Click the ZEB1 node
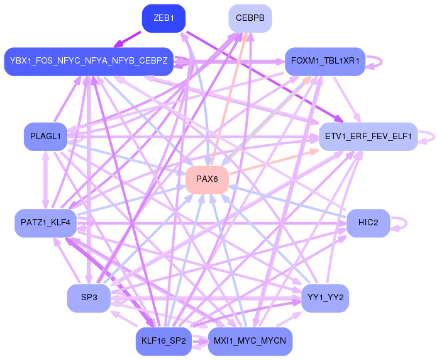tap(163, 18)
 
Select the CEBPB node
tap(250, 18)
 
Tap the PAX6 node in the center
tap(207, 179)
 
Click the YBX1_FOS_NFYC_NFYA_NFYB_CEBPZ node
tap(89, 61)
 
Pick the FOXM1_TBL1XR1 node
tap(325, 61)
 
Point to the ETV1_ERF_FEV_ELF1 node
tap(368, 137)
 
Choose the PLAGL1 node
tap(45, 137)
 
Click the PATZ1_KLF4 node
tap(45, 223)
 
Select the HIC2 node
tap(368, 223)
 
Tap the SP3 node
tap(89, 298)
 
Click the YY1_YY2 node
tap(325, 298)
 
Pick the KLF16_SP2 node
tap(163, 341)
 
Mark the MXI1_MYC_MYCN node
tap(250, 341)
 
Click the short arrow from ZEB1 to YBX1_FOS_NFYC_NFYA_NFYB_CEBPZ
tap(128, 40)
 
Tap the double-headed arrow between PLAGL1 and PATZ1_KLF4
tap(45, 180)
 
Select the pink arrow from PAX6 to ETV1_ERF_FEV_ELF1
tap(274, 162)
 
